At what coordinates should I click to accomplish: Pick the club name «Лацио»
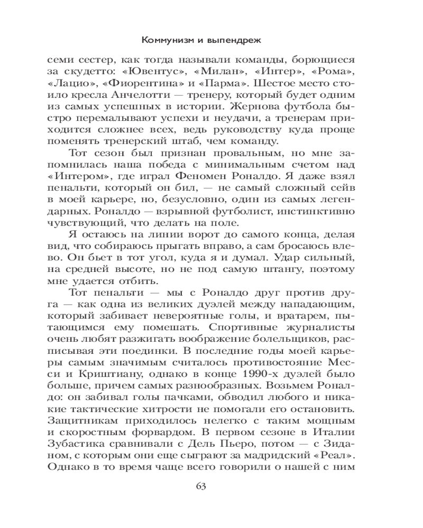66,84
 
